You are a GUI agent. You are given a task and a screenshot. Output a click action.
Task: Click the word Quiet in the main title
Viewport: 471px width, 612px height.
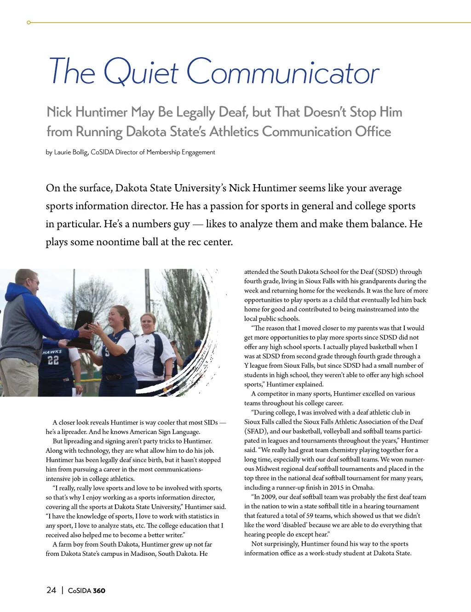tap(141, 72)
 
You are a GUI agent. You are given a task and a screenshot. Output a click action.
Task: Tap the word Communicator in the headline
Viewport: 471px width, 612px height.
tap(282, 72)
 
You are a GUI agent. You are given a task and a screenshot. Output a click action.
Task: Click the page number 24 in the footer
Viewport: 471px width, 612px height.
tap(51, 590)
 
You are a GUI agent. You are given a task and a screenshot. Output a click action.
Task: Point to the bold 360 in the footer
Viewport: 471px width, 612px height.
tap(99, 590)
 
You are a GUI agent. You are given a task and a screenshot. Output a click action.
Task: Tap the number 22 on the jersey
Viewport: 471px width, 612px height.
tap(53, 360)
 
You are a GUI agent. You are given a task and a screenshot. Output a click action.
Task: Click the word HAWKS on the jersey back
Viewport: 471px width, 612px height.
tap(52, 352)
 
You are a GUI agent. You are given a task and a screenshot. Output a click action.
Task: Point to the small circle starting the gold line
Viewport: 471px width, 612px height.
tap(29, 22)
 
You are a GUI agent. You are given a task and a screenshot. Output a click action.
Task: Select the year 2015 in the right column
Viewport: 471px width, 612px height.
tap(337, 487)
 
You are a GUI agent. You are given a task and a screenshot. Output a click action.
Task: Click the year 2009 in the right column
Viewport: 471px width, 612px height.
tap(269, 497)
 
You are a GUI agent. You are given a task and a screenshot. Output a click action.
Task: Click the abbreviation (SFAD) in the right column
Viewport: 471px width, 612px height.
tap(255, 431)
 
